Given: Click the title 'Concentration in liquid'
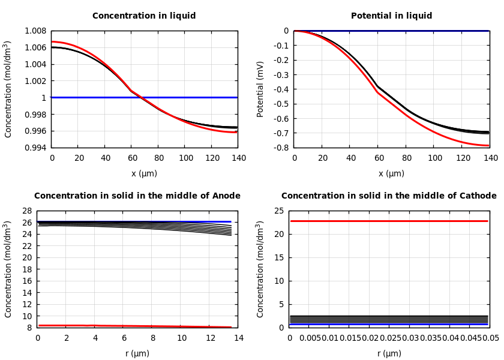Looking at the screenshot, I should [144, 16].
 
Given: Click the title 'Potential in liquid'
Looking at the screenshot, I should [391, 16].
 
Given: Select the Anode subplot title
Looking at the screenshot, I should [137, 196].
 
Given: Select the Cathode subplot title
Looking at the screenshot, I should [389, 196].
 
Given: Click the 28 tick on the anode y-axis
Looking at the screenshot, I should [26, 211].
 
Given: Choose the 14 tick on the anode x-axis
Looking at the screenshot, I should [238, 338].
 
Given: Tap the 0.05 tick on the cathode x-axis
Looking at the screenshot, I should [490, 338].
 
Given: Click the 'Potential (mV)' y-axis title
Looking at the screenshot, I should [260, 89].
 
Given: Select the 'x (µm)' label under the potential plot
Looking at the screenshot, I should [391, 174].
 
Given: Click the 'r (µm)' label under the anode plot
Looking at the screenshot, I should [137, 354].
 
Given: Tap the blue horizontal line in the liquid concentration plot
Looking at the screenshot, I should [144, 97].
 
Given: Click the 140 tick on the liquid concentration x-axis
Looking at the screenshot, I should [238, 158].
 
